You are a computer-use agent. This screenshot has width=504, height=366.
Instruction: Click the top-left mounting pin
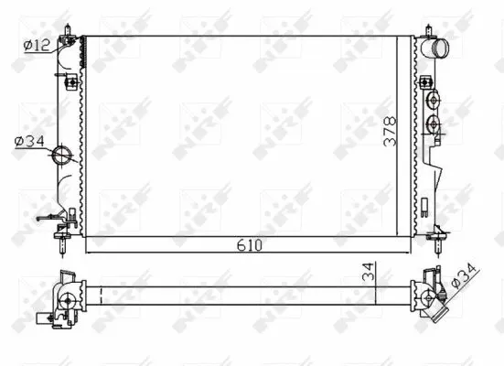tap(70, 36)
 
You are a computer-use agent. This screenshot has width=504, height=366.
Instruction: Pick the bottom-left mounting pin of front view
tap(61, 243)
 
